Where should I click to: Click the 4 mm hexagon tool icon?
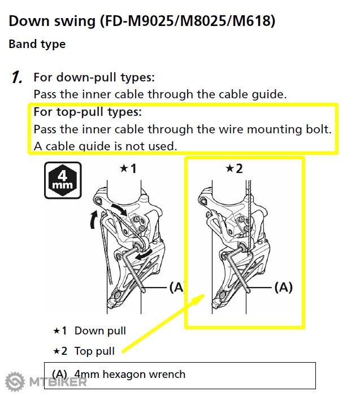click(x=63, y=180)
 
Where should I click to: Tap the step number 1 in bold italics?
click(x=18, y=77)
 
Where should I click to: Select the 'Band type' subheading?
click(x=37, y=44)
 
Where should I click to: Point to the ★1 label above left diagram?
click(x=128, y=168)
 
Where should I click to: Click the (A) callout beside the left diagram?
click(x=177, y=288)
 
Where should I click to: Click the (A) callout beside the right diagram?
click(x=283, y=288)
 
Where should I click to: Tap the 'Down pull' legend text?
click(x=100, y=331)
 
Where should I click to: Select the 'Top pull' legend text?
click(x=94, y=351)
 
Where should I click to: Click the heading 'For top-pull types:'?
click(x=87, y=112)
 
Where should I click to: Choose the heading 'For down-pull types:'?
click(x=94, y=77)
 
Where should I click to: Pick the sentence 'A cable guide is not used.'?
click(x=105, y=146)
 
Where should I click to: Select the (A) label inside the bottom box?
click(x=59, y=374)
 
